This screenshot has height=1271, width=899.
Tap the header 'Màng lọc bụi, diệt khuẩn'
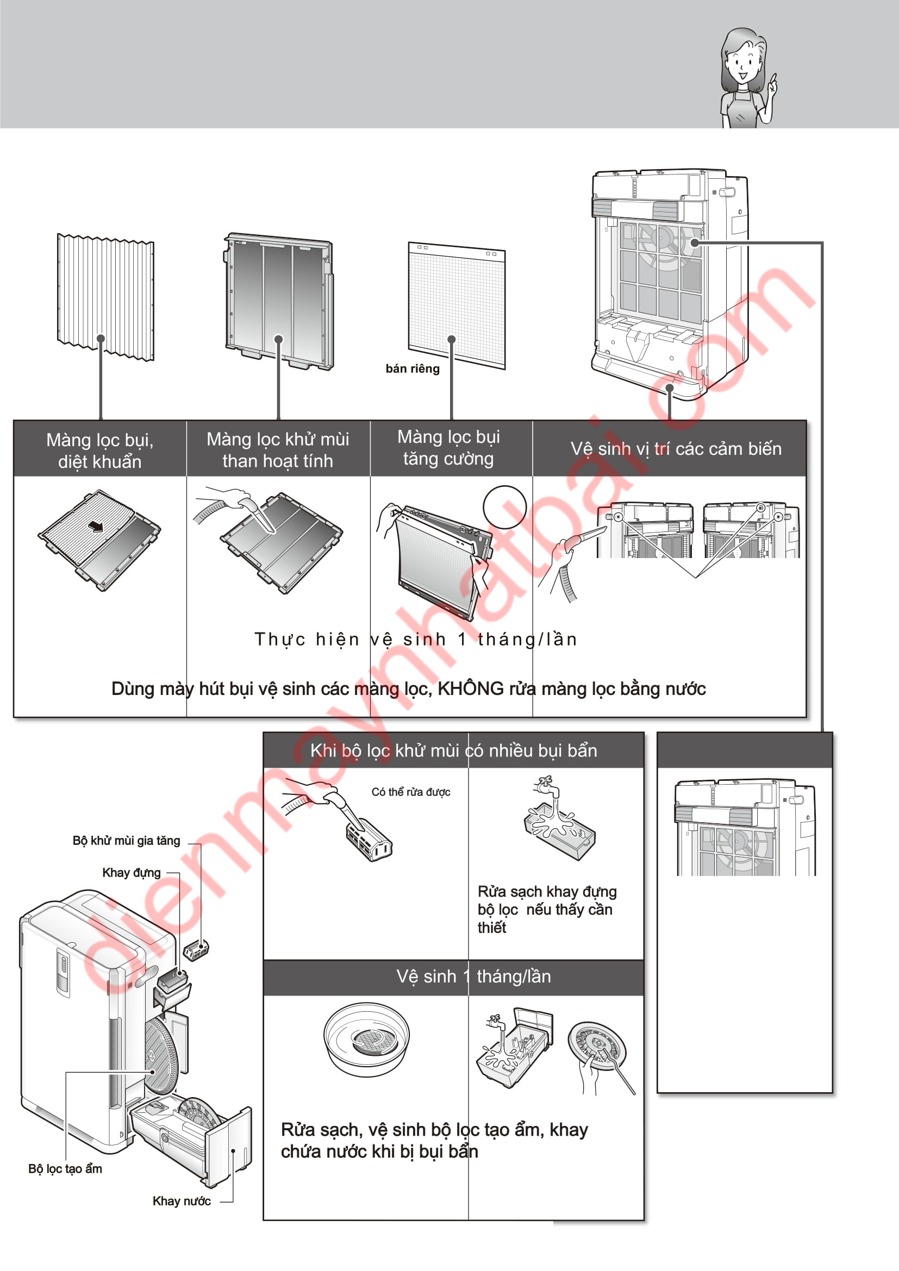coord(99,450)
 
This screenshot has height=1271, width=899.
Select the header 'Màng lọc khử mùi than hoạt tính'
coord(278,449)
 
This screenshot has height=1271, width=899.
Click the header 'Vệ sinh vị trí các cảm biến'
coord(676,448)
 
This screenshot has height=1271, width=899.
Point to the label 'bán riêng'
coord(413,368)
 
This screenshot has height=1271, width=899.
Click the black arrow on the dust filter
coord(96,527)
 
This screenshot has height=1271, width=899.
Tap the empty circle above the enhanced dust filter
coord(504,507)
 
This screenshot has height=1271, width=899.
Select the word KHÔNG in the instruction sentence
coord(471,688)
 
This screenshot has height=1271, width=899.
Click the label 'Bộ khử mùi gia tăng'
coord(126,841)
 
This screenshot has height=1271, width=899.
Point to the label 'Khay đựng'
coord(131,873)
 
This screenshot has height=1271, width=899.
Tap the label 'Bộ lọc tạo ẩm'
coord(65,1169)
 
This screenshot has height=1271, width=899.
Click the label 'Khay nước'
coord(182,1201)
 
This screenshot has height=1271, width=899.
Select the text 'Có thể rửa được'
coord(411,792)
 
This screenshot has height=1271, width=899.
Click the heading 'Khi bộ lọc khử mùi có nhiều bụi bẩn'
coord(453,750)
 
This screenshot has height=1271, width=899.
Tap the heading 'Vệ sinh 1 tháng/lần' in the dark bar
coord(473,976)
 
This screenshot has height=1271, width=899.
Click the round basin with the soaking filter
coord(366,1039)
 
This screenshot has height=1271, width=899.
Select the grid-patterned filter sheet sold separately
coord(457,305)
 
